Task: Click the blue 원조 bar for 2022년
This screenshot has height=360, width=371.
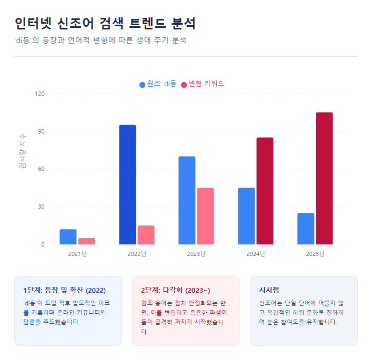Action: click(127, 184)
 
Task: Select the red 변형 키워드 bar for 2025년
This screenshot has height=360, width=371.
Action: click(324, 178)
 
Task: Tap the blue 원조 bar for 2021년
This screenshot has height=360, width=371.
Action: click(68, 236)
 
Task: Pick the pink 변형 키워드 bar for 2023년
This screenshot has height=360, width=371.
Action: click(205, 216)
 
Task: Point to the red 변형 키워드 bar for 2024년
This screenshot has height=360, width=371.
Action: click(265, 191)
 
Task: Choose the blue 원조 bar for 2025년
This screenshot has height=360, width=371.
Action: click(306, 229)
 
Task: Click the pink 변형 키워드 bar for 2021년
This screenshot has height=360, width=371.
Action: click(87, 241)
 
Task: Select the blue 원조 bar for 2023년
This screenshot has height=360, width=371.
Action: click(187, 200)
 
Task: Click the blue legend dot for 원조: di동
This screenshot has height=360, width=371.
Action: click(142, 85)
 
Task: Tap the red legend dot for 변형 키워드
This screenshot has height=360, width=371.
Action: click(184, 85)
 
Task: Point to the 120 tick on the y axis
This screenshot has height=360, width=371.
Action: click(40, 94)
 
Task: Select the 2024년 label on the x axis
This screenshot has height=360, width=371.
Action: click(256, 254)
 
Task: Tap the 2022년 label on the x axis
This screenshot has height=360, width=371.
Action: click(137, 254)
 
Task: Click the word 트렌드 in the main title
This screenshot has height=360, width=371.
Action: click(144, 24)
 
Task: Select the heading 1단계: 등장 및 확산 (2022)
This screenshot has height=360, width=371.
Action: click(64, 290)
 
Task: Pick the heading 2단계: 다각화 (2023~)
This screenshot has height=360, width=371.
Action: click(175, 290)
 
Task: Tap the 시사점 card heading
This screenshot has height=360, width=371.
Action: click(269, 290)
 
